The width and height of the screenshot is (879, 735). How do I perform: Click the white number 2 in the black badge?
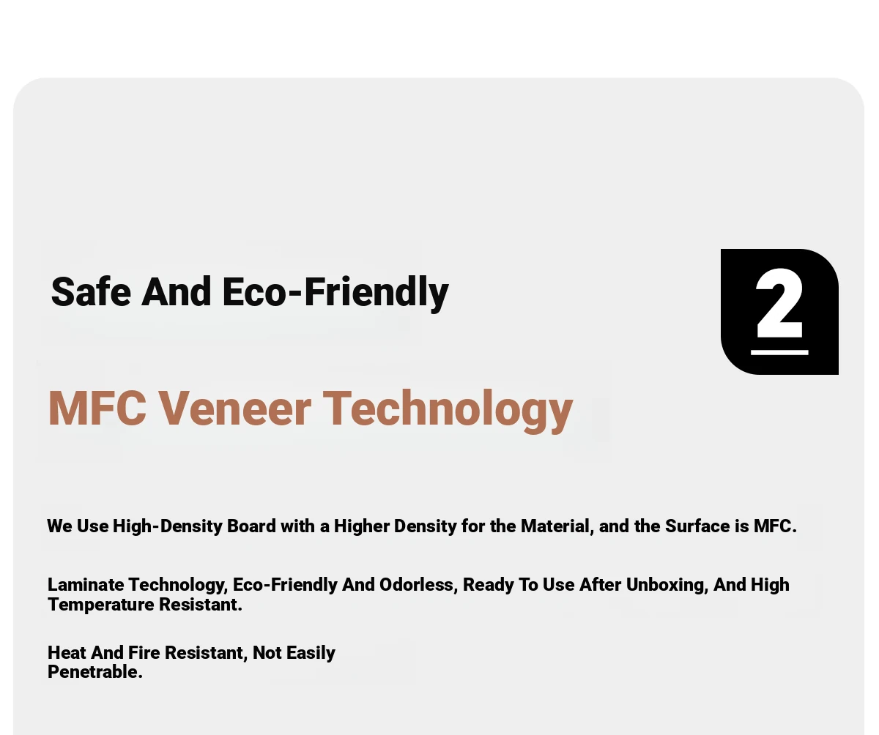(779, 303)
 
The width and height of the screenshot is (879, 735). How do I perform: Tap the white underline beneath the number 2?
(779, 352)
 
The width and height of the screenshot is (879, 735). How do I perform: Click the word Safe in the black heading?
(91, 291)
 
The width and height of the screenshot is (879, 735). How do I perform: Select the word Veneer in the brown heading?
(234, 408)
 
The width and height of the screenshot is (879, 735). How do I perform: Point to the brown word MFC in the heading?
(97, 408)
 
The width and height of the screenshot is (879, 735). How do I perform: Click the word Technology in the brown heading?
(448, 411)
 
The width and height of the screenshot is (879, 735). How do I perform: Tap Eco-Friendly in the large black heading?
(335, 294)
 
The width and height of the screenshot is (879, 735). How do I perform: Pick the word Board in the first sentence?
(251, 526)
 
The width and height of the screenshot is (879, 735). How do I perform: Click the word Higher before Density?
(362, 527)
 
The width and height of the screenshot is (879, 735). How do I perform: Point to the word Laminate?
(86, 585)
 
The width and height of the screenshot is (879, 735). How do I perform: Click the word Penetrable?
(95, 672)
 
